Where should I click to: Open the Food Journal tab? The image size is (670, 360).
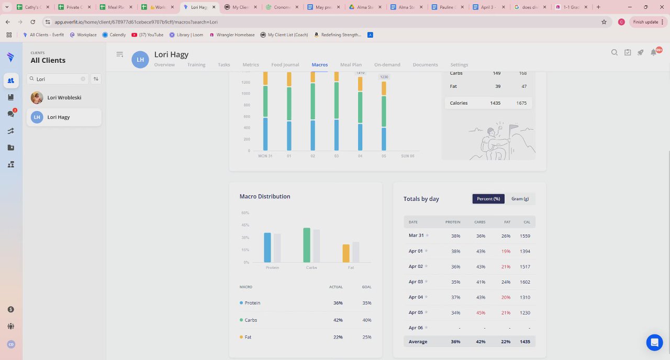(285, 65)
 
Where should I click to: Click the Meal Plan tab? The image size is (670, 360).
(351, 65)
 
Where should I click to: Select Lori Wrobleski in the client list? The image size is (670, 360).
(64, 98)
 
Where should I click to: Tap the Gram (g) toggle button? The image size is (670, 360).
(520, 199)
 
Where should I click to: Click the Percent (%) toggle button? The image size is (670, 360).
(488, 199)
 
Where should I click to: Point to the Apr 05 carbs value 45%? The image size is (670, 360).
(481, 313)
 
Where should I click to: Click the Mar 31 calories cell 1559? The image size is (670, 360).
(524, 236)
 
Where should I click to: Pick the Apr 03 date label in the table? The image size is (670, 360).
(416, 282)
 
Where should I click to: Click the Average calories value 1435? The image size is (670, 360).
(524, 342)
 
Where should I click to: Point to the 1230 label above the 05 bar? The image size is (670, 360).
(384, 77)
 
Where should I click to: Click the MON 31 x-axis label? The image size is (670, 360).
(265, 156)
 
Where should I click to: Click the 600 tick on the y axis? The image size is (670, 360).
(245, 117)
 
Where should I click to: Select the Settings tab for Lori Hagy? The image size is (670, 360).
(459, 65)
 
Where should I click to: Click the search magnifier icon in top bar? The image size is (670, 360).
(615, 52)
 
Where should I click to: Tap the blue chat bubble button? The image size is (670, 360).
(654, 342)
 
